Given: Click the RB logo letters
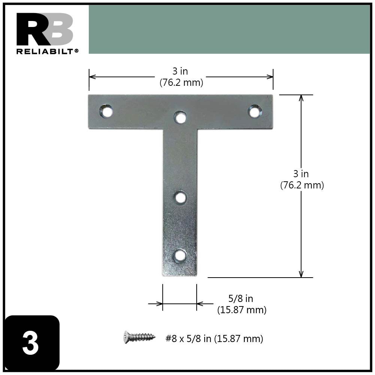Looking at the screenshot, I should tap(45, 30).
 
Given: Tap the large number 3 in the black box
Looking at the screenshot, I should tap(30, 344).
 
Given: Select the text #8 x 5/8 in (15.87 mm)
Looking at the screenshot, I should tap(214, 339).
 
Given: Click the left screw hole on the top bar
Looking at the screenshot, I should tap(106, 111).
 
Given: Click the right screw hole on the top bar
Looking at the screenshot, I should tap(255, 111).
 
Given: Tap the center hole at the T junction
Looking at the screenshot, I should tap(181, 118).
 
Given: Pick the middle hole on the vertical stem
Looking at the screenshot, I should tap(181, 197).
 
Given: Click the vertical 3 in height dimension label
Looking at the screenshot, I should tap(301, 174).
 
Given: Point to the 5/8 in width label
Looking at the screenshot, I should tap(241, 299).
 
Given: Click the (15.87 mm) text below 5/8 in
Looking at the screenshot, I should tap(242, 310).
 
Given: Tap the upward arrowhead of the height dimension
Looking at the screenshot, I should tap(301, 98).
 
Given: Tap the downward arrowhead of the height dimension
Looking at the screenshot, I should tap(301, 274).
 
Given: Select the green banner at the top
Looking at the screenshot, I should tap(229, 29).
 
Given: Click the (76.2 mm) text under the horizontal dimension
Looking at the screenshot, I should tap(181, 83).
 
